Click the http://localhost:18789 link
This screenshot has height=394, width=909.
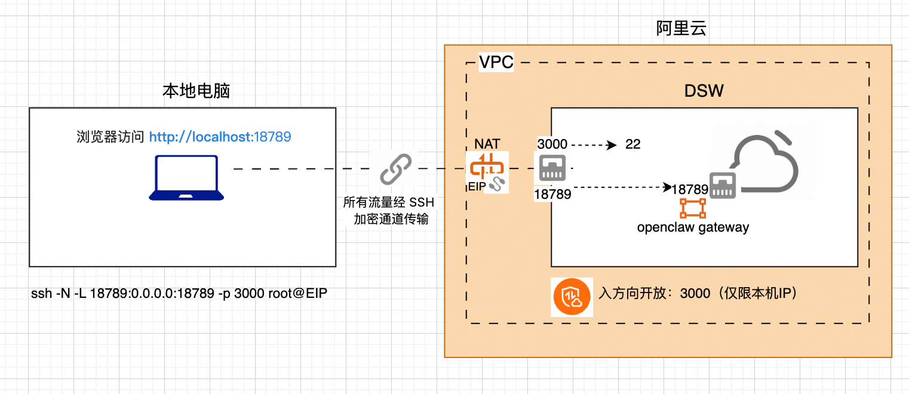click(220, 137)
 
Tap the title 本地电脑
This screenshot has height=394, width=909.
click(196, 91)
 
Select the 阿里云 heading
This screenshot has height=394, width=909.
click(681, 29)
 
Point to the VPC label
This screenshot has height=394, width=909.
click(496, 62)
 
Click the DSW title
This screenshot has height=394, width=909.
click(704, 91)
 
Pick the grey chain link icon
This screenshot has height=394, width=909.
click(396, 169)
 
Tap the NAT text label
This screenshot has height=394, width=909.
click(487, 144)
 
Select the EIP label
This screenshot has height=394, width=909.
click(478, 187)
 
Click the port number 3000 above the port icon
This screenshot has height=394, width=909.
click(552, 144)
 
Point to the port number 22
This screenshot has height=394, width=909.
click(632, 144)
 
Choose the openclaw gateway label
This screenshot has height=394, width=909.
click(693, 227)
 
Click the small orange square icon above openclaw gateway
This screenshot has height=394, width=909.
click(693, 208)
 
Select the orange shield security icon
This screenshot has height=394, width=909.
click(572, 296)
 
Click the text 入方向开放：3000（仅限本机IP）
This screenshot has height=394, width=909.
click(698, 294)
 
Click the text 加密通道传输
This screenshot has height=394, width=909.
click(391, 219)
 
